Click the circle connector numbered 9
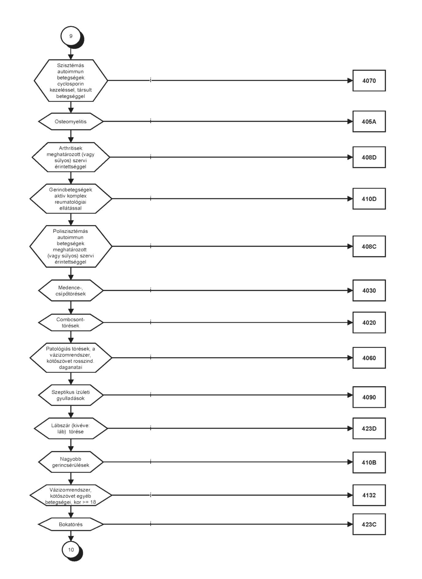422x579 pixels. pyautogui.click(x=71, y=36)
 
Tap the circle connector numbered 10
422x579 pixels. pyautogui.click(x=71, y=550)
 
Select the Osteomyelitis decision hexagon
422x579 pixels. pyautogui.click(x=71, y=122)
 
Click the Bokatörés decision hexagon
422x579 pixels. pyautogui.click(x=71, y=524)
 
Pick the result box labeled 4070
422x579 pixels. pyautogui.click(x=369, y=81)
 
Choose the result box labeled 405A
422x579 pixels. pyautogui.click(x=369, y=122)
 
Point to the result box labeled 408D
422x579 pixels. pyautogui.click(x=369, y=157)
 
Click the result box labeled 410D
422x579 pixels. pyautogui.click(x=369, y=199)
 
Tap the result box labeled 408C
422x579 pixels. pyautogui.click(x=369, y=246)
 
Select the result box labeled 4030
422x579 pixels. pyautogui.click(x=369, y=291)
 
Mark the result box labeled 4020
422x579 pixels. pyautogui.click(x=369, y=322)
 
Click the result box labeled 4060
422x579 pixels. pyautogui.click(x=369, y=358)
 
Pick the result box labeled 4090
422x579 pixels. pyautogui.click(x=369, y=397)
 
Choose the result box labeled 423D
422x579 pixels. pyautogui.click(x=369, y=428)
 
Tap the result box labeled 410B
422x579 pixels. pyautogui.click(x=369, y=462)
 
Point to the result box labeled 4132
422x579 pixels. pyautogui.click(x=369, y=495)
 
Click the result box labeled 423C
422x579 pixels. pyautogui.click(x=369, y=524)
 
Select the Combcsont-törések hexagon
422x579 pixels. pyautogui.click(x=71, y=322)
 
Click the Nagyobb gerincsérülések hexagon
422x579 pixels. pyautogui.click(x=71, y=462)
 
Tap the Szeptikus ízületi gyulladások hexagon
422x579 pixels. pyautogui.click(x=71, y=395)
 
